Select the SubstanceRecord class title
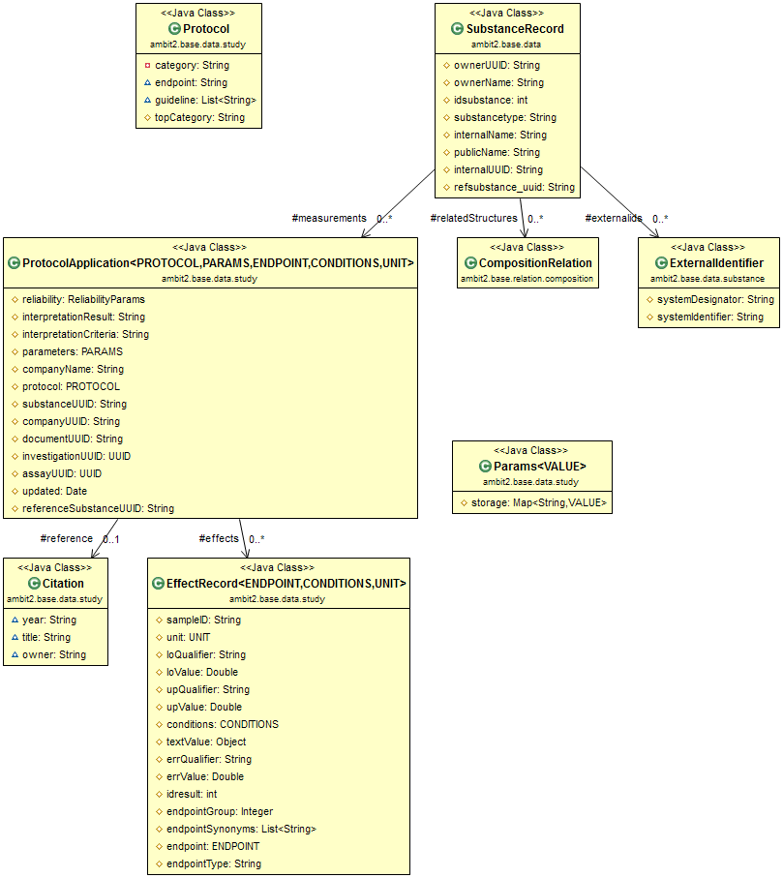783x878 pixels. coord(514,29)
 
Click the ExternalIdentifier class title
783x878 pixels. coord(716,263)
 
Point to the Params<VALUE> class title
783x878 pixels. coord(539,467)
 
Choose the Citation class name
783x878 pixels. coord(63,584)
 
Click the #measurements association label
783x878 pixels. coord(328,219)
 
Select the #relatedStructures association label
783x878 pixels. coord(473,219)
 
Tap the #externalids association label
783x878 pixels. coord(613,219)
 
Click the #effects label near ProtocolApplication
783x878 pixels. coord(218,538)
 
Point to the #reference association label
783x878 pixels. coord(66,538)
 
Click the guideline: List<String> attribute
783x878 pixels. coord(204,100)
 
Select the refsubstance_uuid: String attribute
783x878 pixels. coord(514,187)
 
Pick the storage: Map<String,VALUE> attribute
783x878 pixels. coord(539,502)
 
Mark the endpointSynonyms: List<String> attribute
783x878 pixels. coord(241,829)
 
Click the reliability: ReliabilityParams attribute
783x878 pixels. coord(83,299)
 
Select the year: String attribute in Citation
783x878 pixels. coord(49,620)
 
